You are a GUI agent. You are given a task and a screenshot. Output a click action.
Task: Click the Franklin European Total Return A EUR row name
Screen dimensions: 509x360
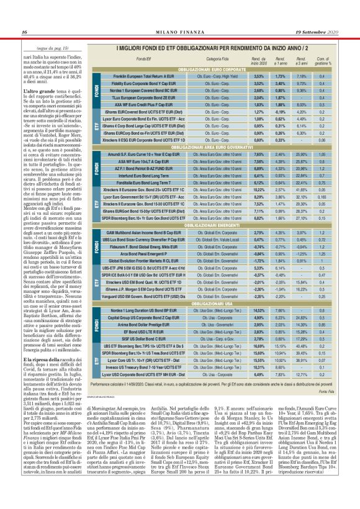[x=142, y=75]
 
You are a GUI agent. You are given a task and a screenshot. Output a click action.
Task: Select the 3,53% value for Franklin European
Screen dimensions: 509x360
[x=258, y=75]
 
